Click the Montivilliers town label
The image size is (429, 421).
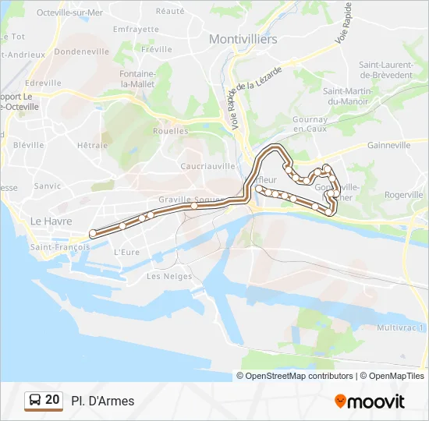pyautogui.click(x=239, y=38)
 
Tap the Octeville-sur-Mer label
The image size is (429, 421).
pyautogui.click(x=69, y=12)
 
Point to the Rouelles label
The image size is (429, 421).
pyautogui.click(x=171, y=131)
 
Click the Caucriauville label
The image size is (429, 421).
pyautogui.click(x=207, y=166)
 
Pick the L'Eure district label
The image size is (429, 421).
pyautogui.click(x=126, y=252)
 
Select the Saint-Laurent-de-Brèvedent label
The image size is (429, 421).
pyautogui.click(x=385, y=69)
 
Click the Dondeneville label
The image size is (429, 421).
pyautogui.click(x=81, y=51)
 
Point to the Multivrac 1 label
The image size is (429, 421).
pyautogui.click(x=401, y=328)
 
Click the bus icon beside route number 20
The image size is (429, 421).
pyautogui.click(x=35, y=400)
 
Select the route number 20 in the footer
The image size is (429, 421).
pyautogui.click(x=52, y=400)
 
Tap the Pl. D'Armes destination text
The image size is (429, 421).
pyautogui.click(x=102, y=401)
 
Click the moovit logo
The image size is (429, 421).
pyautogui.click(x=370, y=402)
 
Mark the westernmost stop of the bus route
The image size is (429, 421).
pyautogui.click(x=93, y=232)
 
